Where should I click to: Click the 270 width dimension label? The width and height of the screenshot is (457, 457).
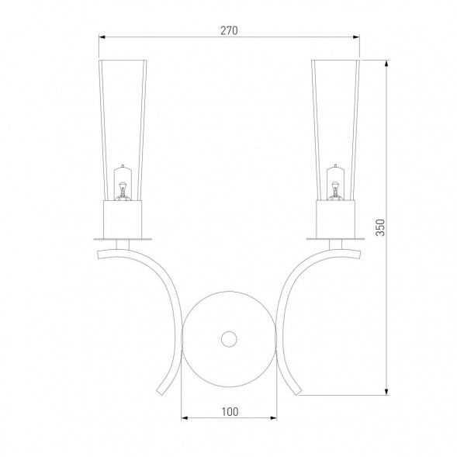click(x=229, y=30)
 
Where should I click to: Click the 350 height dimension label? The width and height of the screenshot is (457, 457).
click(x=380, y=227)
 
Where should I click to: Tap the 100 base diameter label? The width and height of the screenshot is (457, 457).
click(x=230, y=412)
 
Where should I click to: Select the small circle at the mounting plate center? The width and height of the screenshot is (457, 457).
click(x=229, y=339)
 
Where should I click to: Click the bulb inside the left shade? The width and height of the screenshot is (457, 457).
click(x=123, y=183)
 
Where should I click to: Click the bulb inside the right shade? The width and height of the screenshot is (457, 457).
click(x=335, y=183)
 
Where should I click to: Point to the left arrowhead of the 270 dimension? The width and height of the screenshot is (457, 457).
click(x=102, y=37)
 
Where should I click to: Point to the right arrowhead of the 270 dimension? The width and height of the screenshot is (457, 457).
click(x=356, y=37)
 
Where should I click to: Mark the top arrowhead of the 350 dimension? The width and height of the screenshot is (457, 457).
click(x=386, y=64)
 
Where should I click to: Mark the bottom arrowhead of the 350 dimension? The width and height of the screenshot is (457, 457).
click(x=386, y=392)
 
